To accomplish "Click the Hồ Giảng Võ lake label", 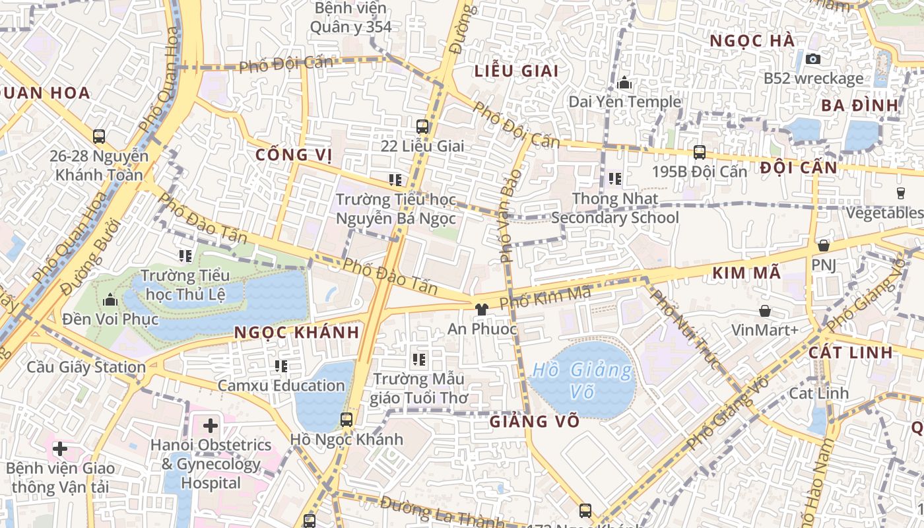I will click(581, 380).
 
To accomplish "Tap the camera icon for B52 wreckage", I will click(813, 59).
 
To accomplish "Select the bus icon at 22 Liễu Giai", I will click(422, 126).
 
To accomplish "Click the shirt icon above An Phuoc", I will click(482, 308).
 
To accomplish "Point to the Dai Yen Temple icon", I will click(624, 83).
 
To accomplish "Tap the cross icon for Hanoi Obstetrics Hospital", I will click(211, 426).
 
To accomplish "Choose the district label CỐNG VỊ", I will click(294, 155).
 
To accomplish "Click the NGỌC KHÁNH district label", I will click(297, 333).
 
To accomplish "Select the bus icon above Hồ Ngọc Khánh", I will click(346, 419).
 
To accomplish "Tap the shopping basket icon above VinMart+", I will click(765, 310).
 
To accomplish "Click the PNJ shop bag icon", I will click(823, 246).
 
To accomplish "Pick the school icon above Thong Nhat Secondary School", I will click(615, 179).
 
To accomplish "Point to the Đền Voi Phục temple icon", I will click(110, 300).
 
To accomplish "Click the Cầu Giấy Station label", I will click(86, 367).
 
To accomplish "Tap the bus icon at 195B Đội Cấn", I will click(700, 152).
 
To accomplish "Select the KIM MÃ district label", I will click(746, 273).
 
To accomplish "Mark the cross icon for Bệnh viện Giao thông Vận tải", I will click(60, 449).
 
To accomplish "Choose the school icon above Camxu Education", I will click(281, 366).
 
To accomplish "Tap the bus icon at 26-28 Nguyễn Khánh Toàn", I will click(99, 137).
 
